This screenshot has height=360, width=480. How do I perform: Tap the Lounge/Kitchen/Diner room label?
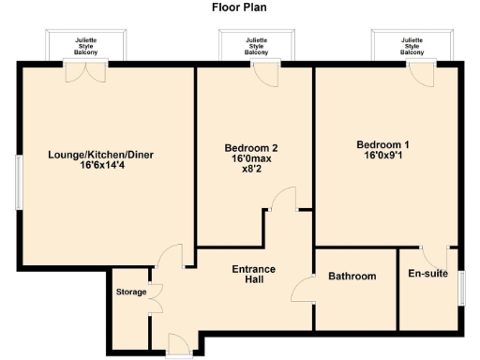[x=87, y=155]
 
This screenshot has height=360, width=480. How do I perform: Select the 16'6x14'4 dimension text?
[x=87, y=168]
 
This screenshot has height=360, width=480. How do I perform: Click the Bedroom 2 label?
[x=250, y=148]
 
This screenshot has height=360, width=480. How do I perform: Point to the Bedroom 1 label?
[x=382, y=144]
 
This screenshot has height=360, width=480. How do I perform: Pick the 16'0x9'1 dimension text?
[x=382, y=157]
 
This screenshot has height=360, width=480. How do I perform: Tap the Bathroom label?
[x=352, y=277]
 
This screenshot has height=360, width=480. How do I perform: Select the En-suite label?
[x=428, y=275]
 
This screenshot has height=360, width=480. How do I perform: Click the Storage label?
[x=131, y=292]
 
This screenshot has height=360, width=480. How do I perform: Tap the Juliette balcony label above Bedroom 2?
[x=256, y=47]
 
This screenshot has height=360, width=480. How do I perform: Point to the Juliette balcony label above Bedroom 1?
[x=412, y=47]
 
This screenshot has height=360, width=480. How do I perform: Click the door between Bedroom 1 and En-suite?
[x=430, y=255]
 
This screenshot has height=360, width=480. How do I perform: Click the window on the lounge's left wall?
[x=17, y=181]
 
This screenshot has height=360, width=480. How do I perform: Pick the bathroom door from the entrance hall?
[x=303, y=290]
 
